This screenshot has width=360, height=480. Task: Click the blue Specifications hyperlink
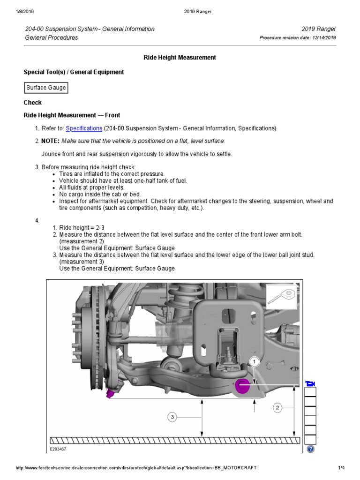84,128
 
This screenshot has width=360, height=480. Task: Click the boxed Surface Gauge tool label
46,88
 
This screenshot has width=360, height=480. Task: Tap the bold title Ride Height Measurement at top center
180,57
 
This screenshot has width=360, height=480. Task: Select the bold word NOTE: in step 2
50,141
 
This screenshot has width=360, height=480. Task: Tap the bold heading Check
33,102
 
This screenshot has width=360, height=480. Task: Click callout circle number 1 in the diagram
254,362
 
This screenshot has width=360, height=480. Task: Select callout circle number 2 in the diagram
277,408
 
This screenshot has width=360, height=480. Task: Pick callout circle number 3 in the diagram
172,416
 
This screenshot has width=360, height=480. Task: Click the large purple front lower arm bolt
243,387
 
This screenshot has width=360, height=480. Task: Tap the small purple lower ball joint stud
110,393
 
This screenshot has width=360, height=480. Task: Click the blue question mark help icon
310,449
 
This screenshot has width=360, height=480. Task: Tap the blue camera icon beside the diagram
310,384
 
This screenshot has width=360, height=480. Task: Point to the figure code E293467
59,449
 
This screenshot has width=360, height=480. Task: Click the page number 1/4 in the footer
341,468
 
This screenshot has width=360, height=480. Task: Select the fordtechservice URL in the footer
136,468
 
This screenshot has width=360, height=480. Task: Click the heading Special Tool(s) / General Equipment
74,72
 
